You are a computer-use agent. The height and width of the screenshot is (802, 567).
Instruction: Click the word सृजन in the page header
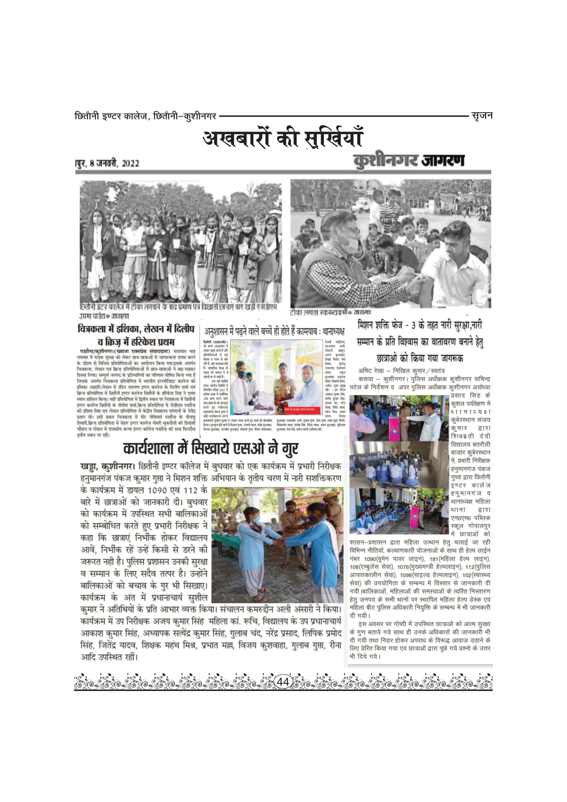[481, 115]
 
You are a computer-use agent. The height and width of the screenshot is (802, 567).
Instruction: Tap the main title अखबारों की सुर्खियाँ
[283, 139]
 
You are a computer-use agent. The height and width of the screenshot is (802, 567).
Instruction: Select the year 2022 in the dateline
[130, 164]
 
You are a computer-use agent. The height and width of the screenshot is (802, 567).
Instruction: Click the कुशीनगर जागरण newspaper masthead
[409, 161]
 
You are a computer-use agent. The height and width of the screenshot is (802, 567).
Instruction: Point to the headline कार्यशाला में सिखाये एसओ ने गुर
[210, 448]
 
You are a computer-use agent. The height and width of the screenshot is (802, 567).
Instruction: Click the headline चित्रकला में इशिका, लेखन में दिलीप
[136, 329]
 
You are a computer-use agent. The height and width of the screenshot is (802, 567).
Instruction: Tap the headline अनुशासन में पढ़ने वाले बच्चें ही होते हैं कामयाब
[275, 331]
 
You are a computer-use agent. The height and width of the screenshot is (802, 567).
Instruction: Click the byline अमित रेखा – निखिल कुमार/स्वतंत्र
[401, 371]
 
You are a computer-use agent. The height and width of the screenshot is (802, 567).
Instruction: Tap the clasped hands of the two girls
[281, 543]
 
